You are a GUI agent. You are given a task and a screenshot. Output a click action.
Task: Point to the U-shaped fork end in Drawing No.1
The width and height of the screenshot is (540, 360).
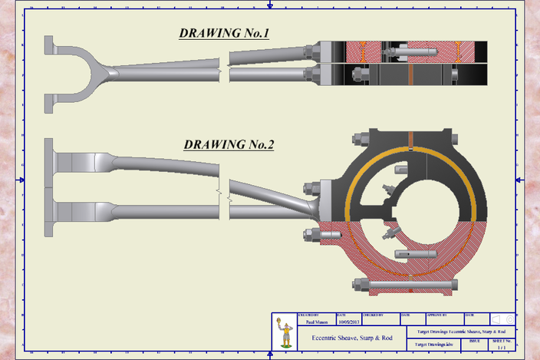(77, 68)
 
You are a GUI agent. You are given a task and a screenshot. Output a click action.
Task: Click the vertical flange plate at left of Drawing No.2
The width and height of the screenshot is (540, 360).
(49, 187)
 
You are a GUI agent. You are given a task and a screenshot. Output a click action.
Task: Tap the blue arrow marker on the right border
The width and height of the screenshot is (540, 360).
(519, 180)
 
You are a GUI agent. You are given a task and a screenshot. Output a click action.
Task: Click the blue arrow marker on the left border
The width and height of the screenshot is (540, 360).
(22, 180)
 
